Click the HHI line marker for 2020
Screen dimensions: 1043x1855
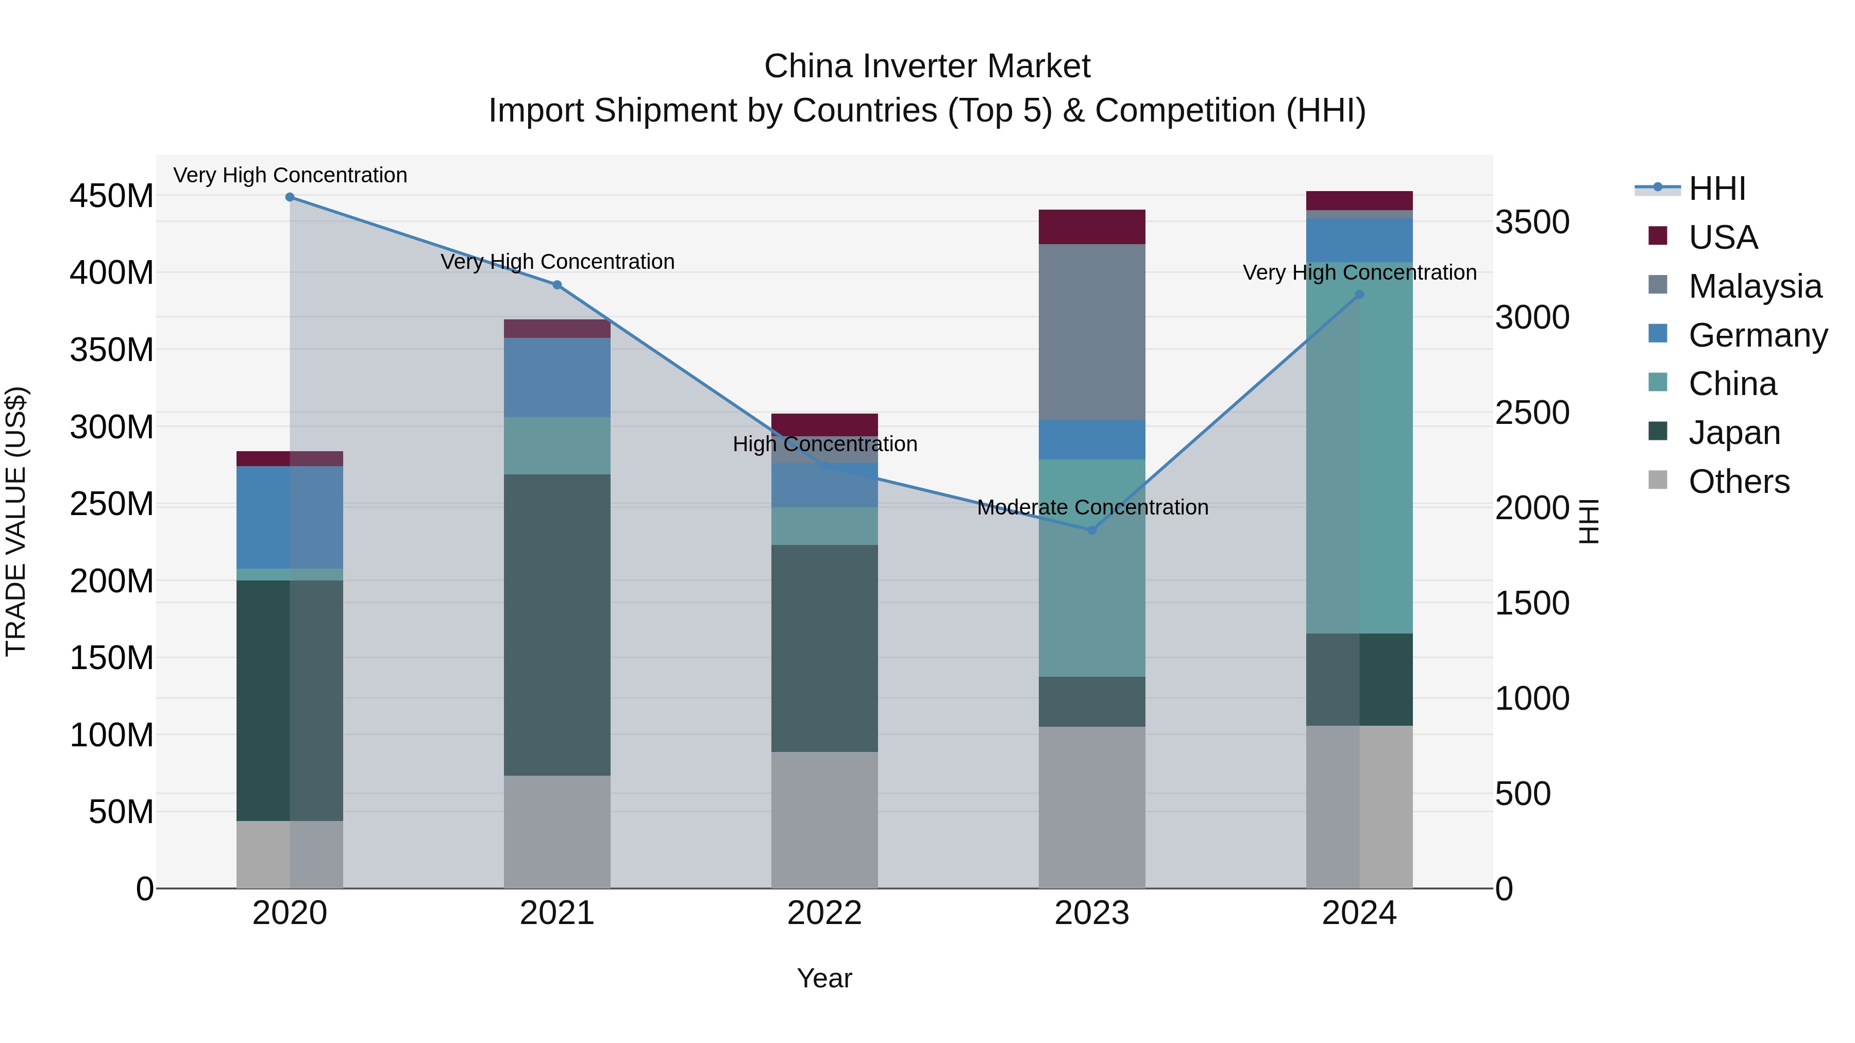(x=290, y=197)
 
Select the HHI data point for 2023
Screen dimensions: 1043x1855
(x=1092, y=530)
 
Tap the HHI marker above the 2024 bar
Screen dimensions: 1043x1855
(x=1359, y=295)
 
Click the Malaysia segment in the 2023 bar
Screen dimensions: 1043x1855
(x=1092, y=331)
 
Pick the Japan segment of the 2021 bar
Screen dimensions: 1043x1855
(x=556, y=624)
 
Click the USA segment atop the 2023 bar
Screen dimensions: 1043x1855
(x=1092, y=227)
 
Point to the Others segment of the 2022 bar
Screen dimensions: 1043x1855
(x=824, y=820)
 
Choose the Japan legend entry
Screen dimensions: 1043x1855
(x=1733, y=433)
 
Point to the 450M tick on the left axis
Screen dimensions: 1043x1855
(x=112, y=196)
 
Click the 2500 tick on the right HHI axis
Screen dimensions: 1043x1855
(x=1532, y=413)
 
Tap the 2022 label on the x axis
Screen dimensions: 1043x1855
(x=824, y=913)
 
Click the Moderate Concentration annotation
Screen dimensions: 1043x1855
(x=1092, y=507)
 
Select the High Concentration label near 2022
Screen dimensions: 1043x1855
(x=824, y=444)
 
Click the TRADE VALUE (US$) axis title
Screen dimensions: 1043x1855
(x=16, y=521)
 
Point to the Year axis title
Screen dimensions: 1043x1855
(x=824, y=978)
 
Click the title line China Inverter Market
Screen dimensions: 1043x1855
(x=927, y=66)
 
